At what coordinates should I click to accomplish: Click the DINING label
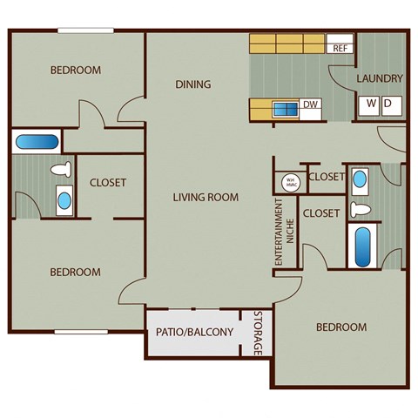[x=193, y=84]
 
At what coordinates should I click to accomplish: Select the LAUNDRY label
[x=380, y=78]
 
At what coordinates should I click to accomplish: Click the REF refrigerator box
[x=340, y=49]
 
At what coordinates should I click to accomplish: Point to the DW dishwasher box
[x=310, y=106]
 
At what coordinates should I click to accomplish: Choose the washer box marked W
[x=371, y=104]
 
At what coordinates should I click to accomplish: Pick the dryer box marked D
[x=388, y=104]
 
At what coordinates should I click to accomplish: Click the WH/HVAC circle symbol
[x=287, y=182]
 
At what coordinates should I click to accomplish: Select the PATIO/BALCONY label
[x=194, y=332]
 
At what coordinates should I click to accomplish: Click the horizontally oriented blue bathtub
[x=36, y=141]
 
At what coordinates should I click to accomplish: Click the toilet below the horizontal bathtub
[x=61, y=171]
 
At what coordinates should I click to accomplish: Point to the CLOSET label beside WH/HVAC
[x=326, y=177]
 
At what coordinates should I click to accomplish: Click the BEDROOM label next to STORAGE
[x=340, y=327]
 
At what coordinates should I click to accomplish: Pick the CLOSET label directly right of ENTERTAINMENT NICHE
[x=320, y=212]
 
